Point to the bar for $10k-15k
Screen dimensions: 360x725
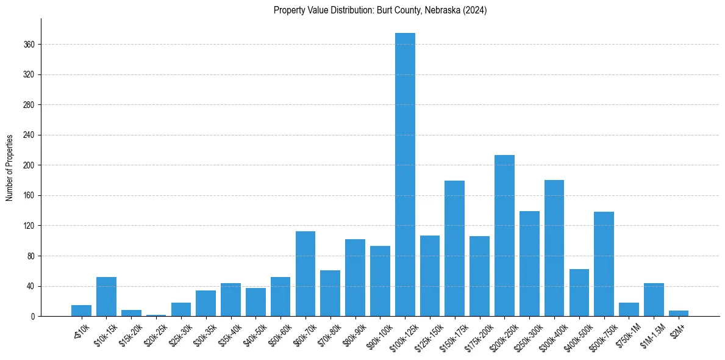106,297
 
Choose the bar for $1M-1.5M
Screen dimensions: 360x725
654,300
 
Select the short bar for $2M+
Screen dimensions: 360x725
678,314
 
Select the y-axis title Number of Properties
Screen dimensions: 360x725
10,167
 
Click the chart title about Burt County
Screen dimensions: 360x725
380,10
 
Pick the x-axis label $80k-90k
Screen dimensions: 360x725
353,332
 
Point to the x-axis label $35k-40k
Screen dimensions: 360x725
229,332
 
